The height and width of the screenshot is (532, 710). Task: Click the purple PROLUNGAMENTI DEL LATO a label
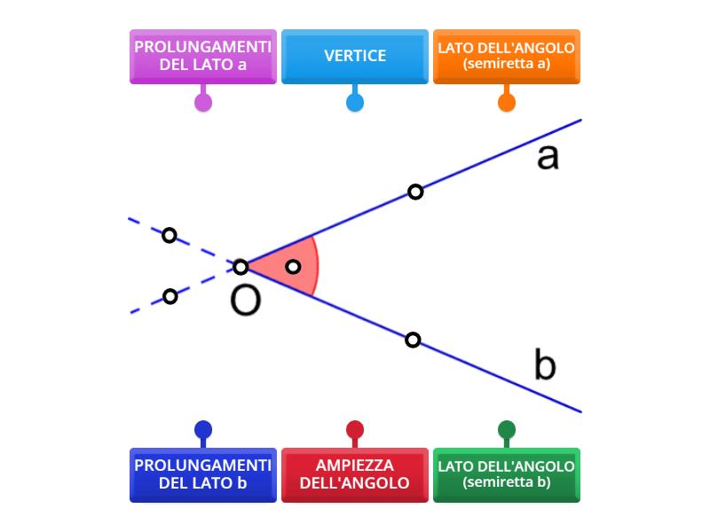click(x=203, y=56)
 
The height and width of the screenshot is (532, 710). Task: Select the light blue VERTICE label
click(x=355, y=56)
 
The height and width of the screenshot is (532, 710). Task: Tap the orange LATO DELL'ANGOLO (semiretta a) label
click(x=506, y=56)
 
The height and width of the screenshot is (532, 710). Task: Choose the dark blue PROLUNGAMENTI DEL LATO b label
click(x=203, y=474)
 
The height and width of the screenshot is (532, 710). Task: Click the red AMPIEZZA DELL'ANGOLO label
click(x=355, y=474)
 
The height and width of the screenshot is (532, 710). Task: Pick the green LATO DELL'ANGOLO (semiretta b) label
click(x=506, y=474)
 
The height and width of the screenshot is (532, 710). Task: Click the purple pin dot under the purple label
click(x=203, y=102)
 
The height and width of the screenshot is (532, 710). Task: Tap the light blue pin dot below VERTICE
click(x=355, y=102)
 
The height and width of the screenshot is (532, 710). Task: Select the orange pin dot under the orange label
click(x=507, y=102)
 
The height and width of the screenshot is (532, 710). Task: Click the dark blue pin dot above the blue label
click(x=203, y=431)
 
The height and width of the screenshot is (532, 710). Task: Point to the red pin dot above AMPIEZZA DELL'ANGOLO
click(x=355, y=431)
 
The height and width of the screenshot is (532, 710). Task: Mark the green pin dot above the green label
click(x=507, y=431)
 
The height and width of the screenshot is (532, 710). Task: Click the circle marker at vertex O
click(x=241, y=267)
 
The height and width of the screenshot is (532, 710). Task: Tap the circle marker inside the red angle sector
click(x=293, y=267)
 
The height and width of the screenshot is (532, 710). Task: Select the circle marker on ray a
click(x=415, y=192)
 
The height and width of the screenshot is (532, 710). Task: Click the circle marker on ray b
click(x=413, y=340)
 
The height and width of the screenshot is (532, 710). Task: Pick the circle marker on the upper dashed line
click(x=170, y=236)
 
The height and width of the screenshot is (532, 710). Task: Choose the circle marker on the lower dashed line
click(x=170, y=296)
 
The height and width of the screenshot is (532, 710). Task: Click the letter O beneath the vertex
click(x=246, y=301)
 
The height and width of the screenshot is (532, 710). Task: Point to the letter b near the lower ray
click(x=545, y=364)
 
